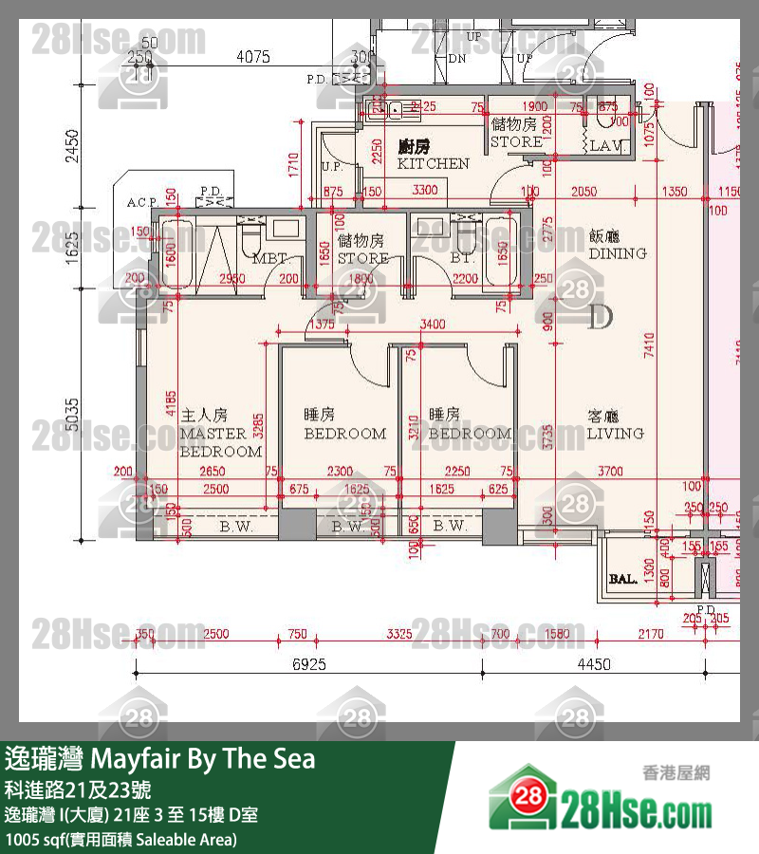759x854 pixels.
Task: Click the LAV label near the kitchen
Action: [x=604, y=146]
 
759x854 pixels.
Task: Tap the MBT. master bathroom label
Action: [x=270, y=258]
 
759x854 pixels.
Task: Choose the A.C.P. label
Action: [x=143, y=202]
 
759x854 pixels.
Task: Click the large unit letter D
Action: [x=600, y=317]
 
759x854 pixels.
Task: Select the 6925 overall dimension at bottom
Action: [x=309, y=664]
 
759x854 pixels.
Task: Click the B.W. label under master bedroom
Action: [x=235, y=526]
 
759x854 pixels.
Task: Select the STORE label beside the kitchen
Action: [x=516, y=134]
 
